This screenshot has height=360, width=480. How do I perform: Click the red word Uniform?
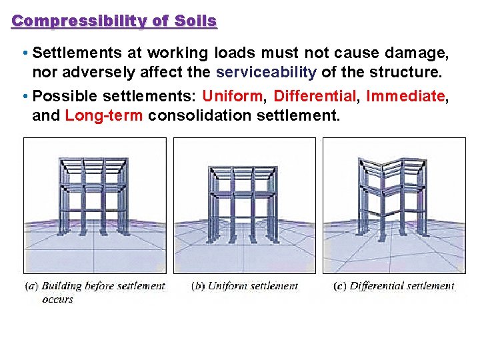click(x=235, y=96)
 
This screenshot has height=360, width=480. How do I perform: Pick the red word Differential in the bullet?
click(x=317, y=96)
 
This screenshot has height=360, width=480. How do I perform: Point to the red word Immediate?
click(x=405, y=96)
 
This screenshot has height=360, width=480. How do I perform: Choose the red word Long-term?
click(x=104, y=115)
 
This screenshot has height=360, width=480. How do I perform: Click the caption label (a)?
click(x=31, y=286)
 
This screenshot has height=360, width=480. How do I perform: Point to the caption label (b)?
click(x=198, y=286)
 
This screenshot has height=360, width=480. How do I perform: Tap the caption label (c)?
click(x=339, y=286)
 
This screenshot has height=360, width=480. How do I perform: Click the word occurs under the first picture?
click(x=57, y=299)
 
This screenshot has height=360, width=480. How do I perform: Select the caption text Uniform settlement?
click(x=253, y=286)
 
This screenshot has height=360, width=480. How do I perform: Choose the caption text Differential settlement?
click(x=401, y=286)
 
